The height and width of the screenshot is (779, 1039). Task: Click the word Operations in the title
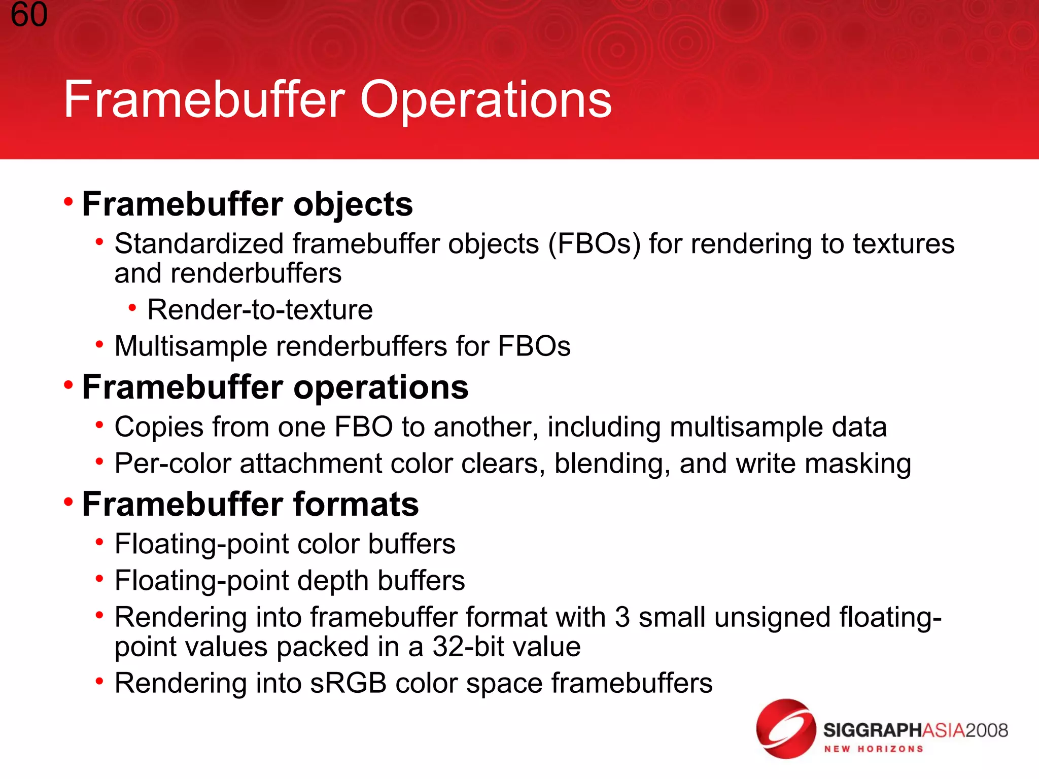(486, 100)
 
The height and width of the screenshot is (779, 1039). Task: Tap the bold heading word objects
(353, 204)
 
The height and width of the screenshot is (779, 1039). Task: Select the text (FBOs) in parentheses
(594, 244)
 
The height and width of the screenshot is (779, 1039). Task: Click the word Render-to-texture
(260, 310)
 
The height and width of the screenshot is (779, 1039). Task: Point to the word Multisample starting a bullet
(191, 347)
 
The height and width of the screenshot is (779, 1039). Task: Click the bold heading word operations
(380, 387)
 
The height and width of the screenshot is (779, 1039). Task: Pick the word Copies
(159, 427)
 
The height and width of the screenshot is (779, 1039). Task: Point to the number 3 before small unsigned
(622, 618)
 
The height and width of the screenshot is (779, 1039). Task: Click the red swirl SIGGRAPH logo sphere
(785, 729)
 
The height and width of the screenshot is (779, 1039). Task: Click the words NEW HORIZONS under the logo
(873, 749)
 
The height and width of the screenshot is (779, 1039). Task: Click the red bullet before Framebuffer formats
(68, 503)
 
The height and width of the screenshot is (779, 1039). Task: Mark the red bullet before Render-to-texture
(132, 307)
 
